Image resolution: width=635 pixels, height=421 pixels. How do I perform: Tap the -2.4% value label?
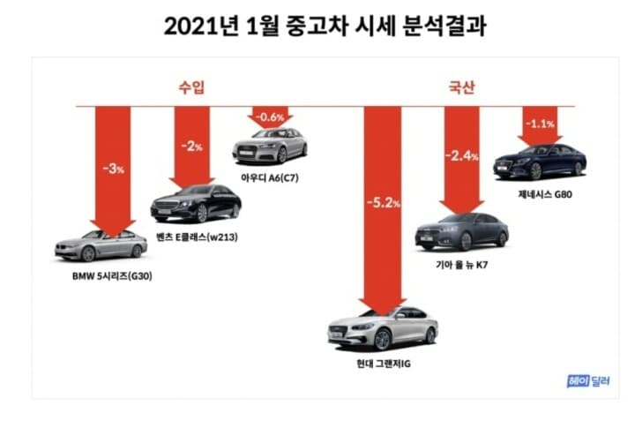pyautogui.click(x=461, y=156)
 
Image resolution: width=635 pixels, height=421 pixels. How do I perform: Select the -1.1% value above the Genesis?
pyautogui.click(x=539, y=124)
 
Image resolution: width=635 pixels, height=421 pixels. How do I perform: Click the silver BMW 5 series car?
pyautogui.click(x=101, y=245)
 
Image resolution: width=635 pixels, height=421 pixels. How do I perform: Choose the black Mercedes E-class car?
pyautogui.click(x=195, y=205)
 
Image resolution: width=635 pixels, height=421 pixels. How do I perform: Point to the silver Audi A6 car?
pyautogui.click(x=269, y=147)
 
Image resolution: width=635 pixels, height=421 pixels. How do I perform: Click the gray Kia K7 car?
pyautogui.click(x=461, y=231)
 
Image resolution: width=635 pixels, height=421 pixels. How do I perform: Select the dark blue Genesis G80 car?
pyautogui.click(x=540, y=162)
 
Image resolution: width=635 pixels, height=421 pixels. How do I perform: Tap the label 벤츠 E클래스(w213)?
pyautogui.click(x=198, y=237)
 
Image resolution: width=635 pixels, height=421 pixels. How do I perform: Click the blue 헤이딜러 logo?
pyautogui.click(x=589, y=381)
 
